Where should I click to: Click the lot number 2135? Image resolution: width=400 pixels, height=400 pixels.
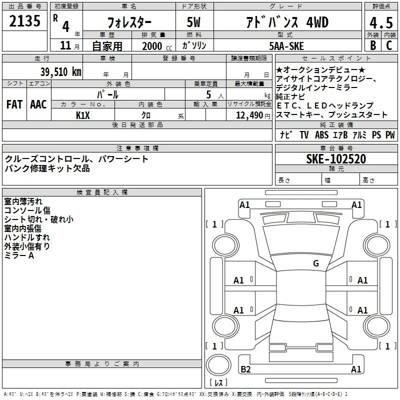[24, 21]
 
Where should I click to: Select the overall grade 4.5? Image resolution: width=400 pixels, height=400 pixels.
[381, 22]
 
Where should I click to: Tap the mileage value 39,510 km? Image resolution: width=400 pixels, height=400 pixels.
[60, 71]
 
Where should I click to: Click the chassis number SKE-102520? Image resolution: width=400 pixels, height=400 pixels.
[336, 159]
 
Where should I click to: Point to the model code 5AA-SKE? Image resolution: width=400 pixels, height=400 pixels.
[286, 46]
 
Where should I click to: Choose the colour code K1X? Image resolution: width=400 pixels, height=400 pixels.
[83, 115]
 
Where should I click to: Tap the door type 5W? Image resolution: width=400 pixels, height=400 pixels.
[193, 22]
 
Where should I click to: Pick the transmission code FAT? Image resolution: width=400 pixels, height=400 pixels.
[14, 104]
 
